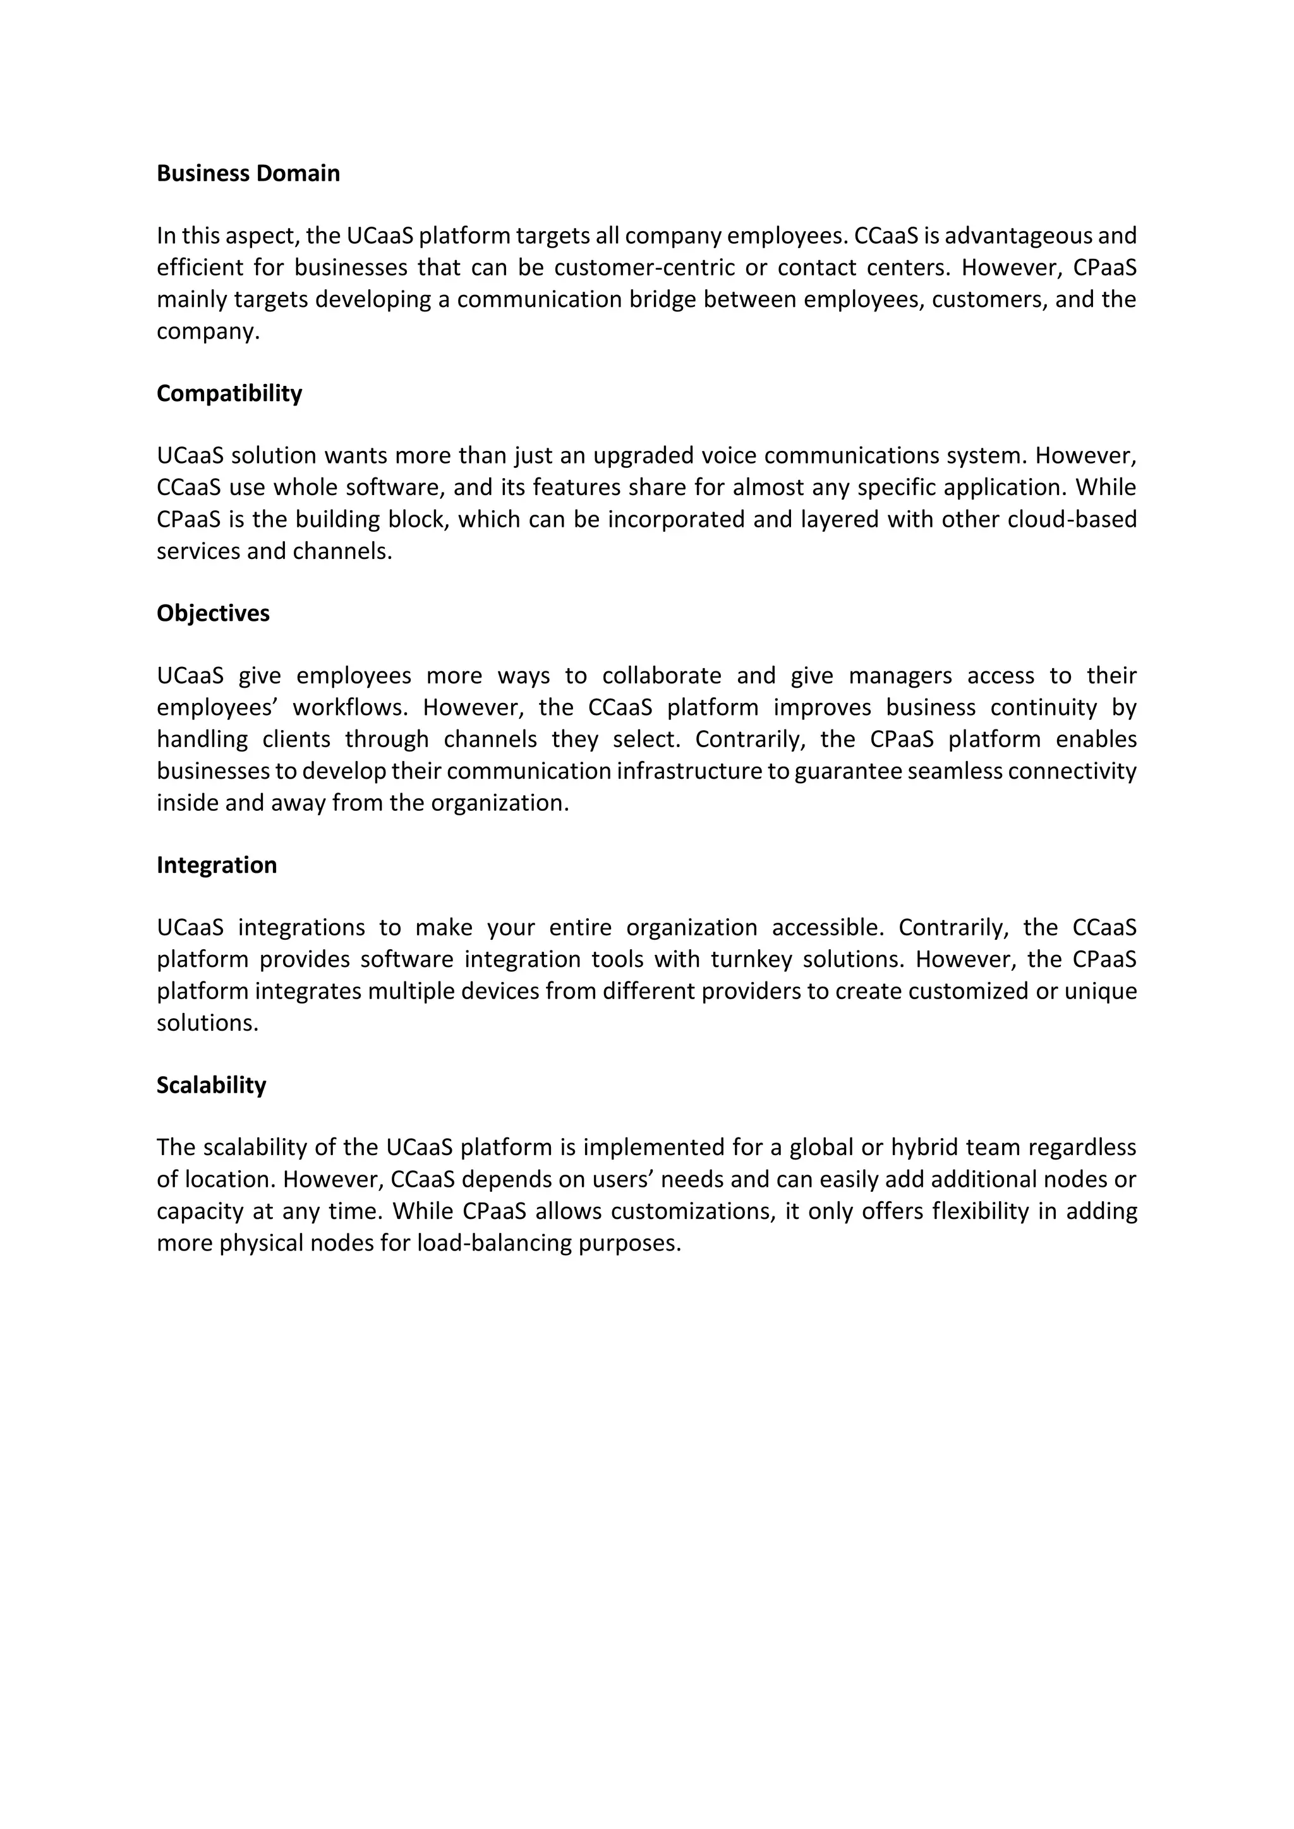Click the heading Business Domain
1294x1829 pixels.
click(x=248, y=174)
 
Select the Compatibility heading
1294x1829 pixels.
click(x=229, y=393)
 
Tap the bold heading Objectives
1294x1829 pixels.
click(x=213, y=613)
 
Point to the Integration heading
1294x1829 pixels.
click(x=217, y=865)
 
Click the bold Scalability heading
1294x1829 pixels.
click(x=211, y=1085)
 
